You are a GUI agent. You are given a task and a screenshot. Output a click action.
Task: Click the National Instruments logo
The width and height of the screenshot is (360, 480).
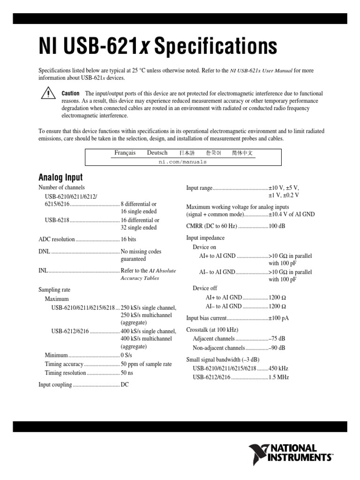(x=291, y=453)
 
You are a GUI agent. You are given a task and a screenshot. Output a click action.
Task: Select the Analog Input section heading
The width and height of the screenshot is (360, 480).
(x=60, y=177)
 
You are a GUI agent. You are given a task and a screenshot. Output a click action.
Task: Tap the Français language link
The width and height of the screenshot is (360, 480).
(x=125, y=153)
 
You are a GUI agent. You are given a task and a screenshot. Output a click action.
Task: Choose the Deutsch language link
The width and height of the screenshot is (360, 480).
(x=157, y=153)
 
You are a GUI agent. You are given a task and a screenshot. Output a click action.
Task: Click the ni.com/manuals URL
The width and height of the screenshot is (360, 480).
(x=183, y=162)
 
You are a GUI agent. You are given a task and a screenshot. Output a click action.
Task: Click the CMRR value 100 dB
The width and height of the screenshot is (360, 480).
(x=277, y=225)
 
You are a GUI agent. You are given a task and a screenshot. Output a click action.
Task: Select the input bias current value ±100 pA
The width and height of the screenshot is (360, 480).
(x=278, y=318)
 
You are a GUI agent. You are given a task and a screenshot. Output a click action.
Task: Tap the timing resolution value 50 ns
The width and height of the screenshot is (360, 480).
(x=127, y=373)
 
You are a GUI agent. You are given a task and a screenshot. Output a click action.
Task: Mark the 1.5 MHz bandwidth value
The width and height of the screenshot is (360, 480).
(x=278, y=377)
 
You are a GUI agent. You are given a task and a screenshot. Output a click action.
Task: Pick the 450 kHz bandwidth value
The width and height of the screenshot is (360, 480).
(x=278, y=368)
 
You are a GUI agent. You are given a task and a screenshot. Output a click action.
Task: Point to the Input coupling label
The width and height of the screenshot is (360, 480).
(x=55, y=384)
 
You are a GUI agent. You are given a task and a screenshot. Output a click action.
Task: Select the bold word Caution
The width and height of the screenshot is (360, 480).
(x=70, y=94)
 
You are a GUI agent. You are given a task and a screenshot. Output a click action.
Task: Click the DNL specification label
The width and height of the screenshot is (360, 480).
(x=44, y=251)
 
